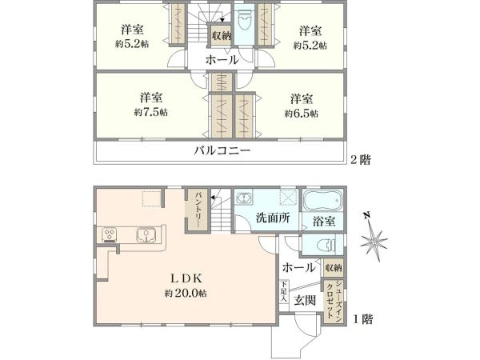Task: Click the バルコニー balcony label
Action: [222, 150]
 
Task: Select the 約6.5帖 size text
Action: [302, 114]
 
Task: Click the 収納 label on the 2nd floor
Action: [222, 35]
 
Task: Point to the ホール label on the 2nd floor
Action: [222, 60]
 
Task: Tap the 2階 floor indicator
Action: [359, 160]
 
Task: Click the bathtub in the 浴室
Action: [322, 200]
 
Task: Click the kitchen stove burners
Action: [110, 234]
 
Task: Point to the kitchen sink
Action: [146, 234]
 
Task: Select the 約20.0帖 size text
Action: [186, 294]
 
